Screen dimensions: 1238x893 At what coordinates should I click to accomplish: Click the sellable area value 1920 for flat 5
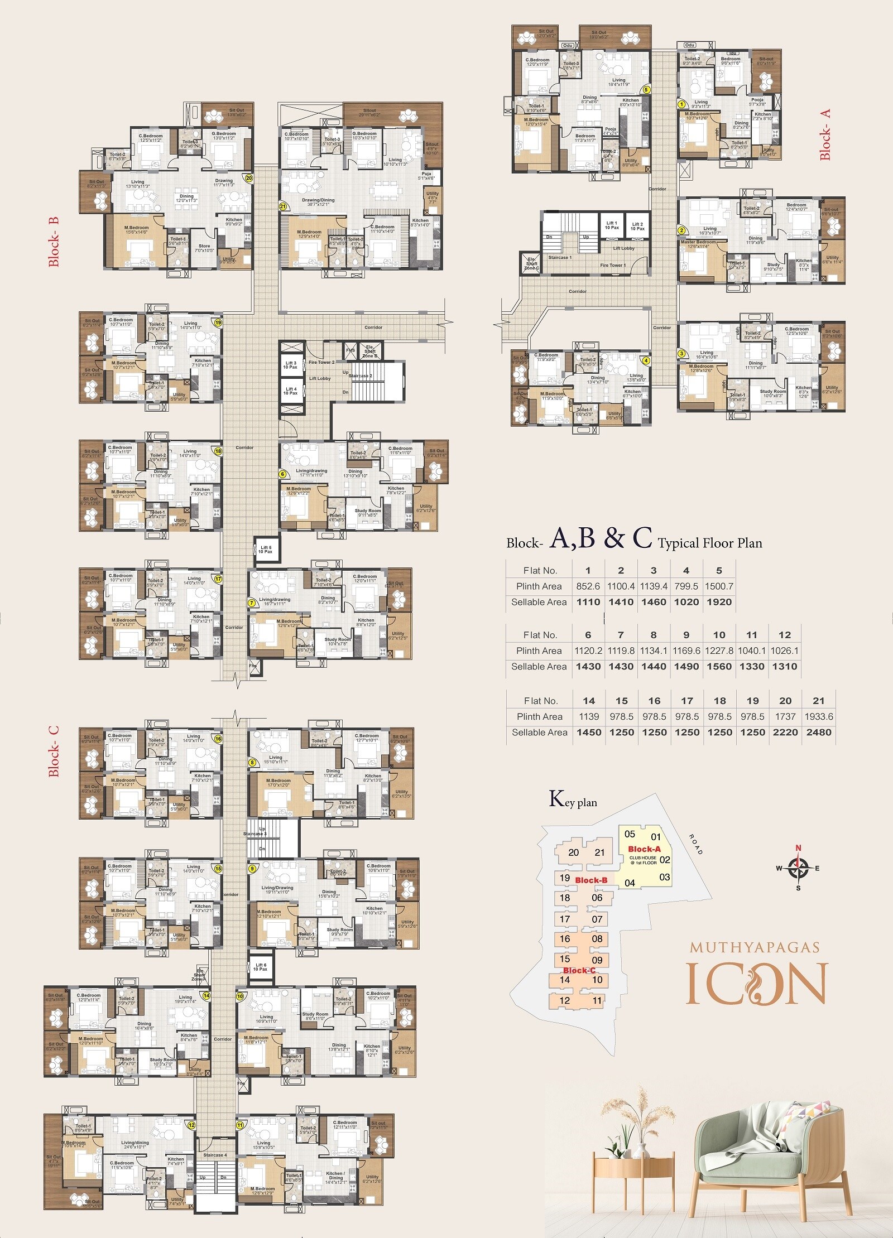pos(719,602)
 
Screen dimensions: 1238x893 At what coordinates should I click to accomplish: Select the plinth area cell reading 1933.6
pos(818,716)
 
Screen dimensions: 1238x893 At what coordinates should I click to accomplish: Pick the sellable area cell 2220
pos(785,733)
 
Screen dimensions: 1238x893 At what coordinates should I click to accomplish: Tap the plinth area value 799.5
pos(686,586)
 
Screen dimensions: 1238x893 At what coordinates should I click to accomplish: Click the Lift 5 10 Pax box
pos(266,550)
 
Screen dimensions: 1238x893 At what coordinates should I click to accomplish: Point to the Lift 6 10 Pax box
pos(260,967)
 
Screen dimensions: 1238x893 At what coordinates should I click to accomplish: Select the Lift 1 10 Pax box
pos(612,225)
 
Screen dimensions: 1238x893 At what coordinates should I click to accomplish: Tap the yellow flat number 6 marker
pos(282,474)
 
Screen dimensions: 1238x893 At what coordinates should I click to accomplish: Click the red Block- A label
pos(825,134)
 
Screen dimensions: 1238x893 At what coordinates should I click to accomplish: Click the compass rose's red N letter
pos(798,848)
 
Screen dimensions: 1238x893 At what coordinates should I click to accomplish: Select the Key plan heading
pos(573,799)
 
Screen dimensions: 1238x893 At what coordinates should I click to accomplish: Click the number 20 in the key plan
pos(574,852)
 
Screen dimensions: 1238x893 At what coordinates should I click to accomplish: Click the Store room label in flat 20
pos(204,245)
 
